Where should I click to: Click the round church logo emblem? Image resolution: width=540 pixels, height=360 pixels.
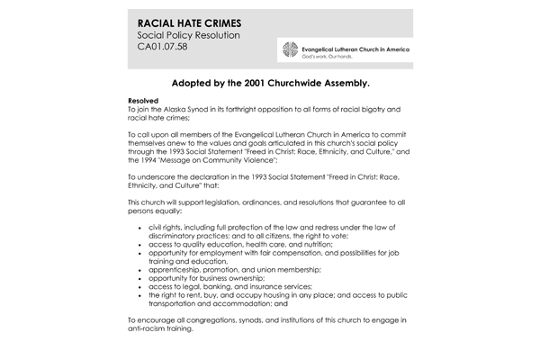288,49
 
